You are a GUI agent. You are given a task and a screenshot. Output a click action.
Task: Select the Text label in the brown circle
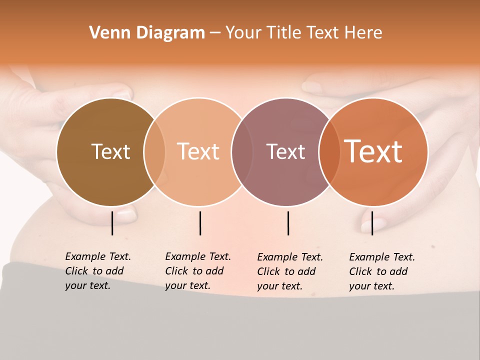pyautogui.click(x=110, y=151)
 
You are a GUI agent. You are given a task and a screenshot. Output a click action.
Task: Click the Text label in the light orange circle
pyautogui.click(x=198, y=151)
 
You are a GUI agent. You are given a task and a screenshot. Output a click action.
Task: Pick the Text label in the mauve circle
pyautogui.click(x=285, y=151)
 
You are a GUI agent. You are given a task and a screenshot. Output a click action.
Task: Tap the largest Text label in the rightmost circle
pyautogui.click(x=373, y=151)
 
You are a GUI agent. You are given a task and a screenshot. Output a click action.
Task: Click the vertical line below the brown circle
pyautogui.click(x=112, y=223)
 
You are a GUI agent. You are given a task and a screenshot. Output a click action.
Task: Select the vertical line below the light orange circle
pyautogui.click(x=200, y=223)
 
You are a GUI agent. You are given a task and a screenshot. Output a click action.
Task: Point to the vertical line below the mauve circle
pyautogui.click(x=288, y=223)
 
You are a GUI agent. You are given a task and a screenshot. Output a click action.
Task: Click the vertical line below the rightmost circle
pyautogui.click(x=372, y=223)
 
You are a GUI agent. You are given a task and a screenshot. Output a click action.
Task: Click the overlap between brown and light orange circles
pyautogui.click(x=154, y=151)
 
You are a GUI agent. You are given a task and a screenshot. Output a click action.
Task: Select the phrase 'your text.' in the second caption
pyautogui.click(x=187, y=285)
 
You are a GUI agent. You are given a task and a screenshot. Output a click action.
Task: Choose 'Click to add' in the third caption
pyautogui.click(x=286, y=271)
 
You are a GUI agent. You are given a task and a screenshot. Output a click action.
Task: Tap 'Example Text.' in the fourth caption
pyautogui.click(x=382, y=257)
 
